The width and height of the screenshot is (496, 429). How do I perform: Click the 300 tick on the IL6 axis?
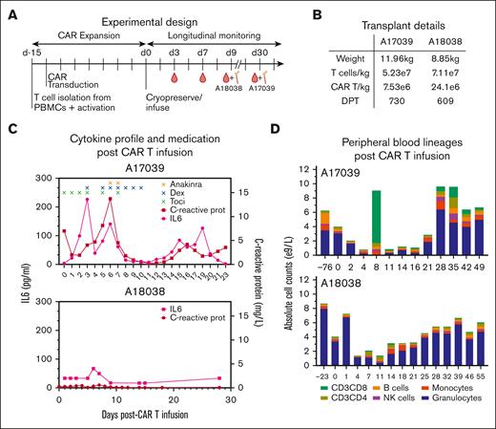click(x=44, y=179)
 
